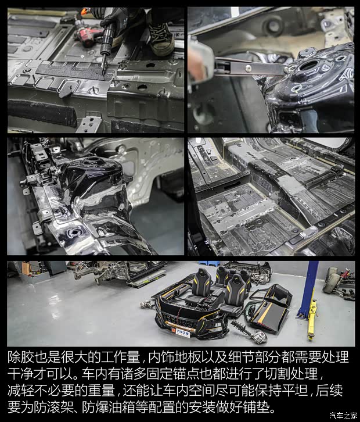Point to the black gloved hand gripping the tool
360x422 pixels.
(113, 24)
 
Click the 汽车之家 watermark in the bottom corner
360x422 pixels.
(343, 415)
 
